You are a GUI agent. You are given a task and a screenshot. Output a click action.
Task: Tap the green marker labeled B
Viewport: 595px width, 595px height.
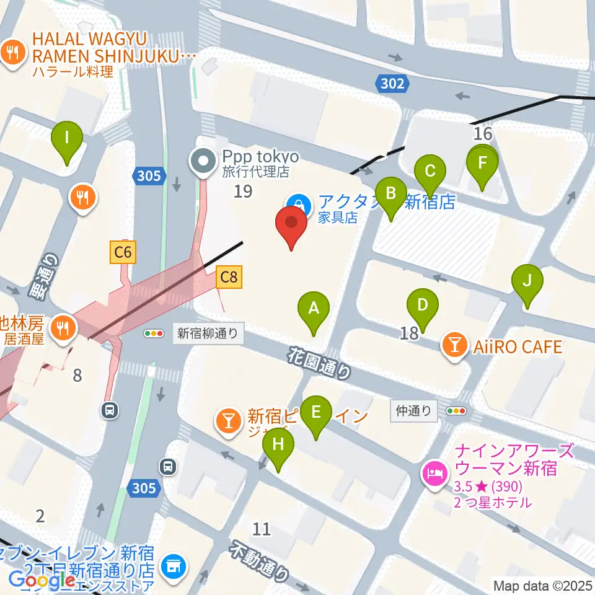pos(390,193)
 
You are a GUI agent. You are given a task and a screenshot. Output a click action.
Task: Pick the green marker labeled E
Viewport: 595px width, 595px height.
pos(316,412)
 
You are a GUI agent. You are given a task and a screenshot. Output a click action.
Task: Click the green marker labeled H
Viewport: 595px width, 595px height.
pos(278,444)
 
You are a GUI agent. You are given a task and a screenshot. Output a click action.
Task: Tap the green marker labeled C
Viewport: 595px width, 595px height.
pos(430,170)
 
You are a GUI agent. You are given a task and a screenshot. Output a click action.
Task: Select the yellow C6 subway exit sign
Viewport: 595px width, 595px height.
pos(123,252)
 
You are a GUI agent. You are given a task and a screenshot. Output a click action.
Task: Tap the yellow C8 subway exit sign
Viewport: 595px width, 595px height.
pos(229,277)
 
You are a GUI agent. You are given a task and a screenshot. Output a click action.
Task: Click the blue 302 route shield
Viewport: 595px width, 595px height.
pos(392,84)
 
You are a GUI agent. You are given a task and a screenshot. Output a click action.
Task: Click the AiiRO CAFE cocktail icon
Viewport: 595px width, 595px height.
pos(455,346)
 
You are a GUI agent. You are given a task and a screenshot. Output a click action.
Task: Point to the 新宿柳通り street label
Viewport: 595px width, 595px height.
pos(208,333)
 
